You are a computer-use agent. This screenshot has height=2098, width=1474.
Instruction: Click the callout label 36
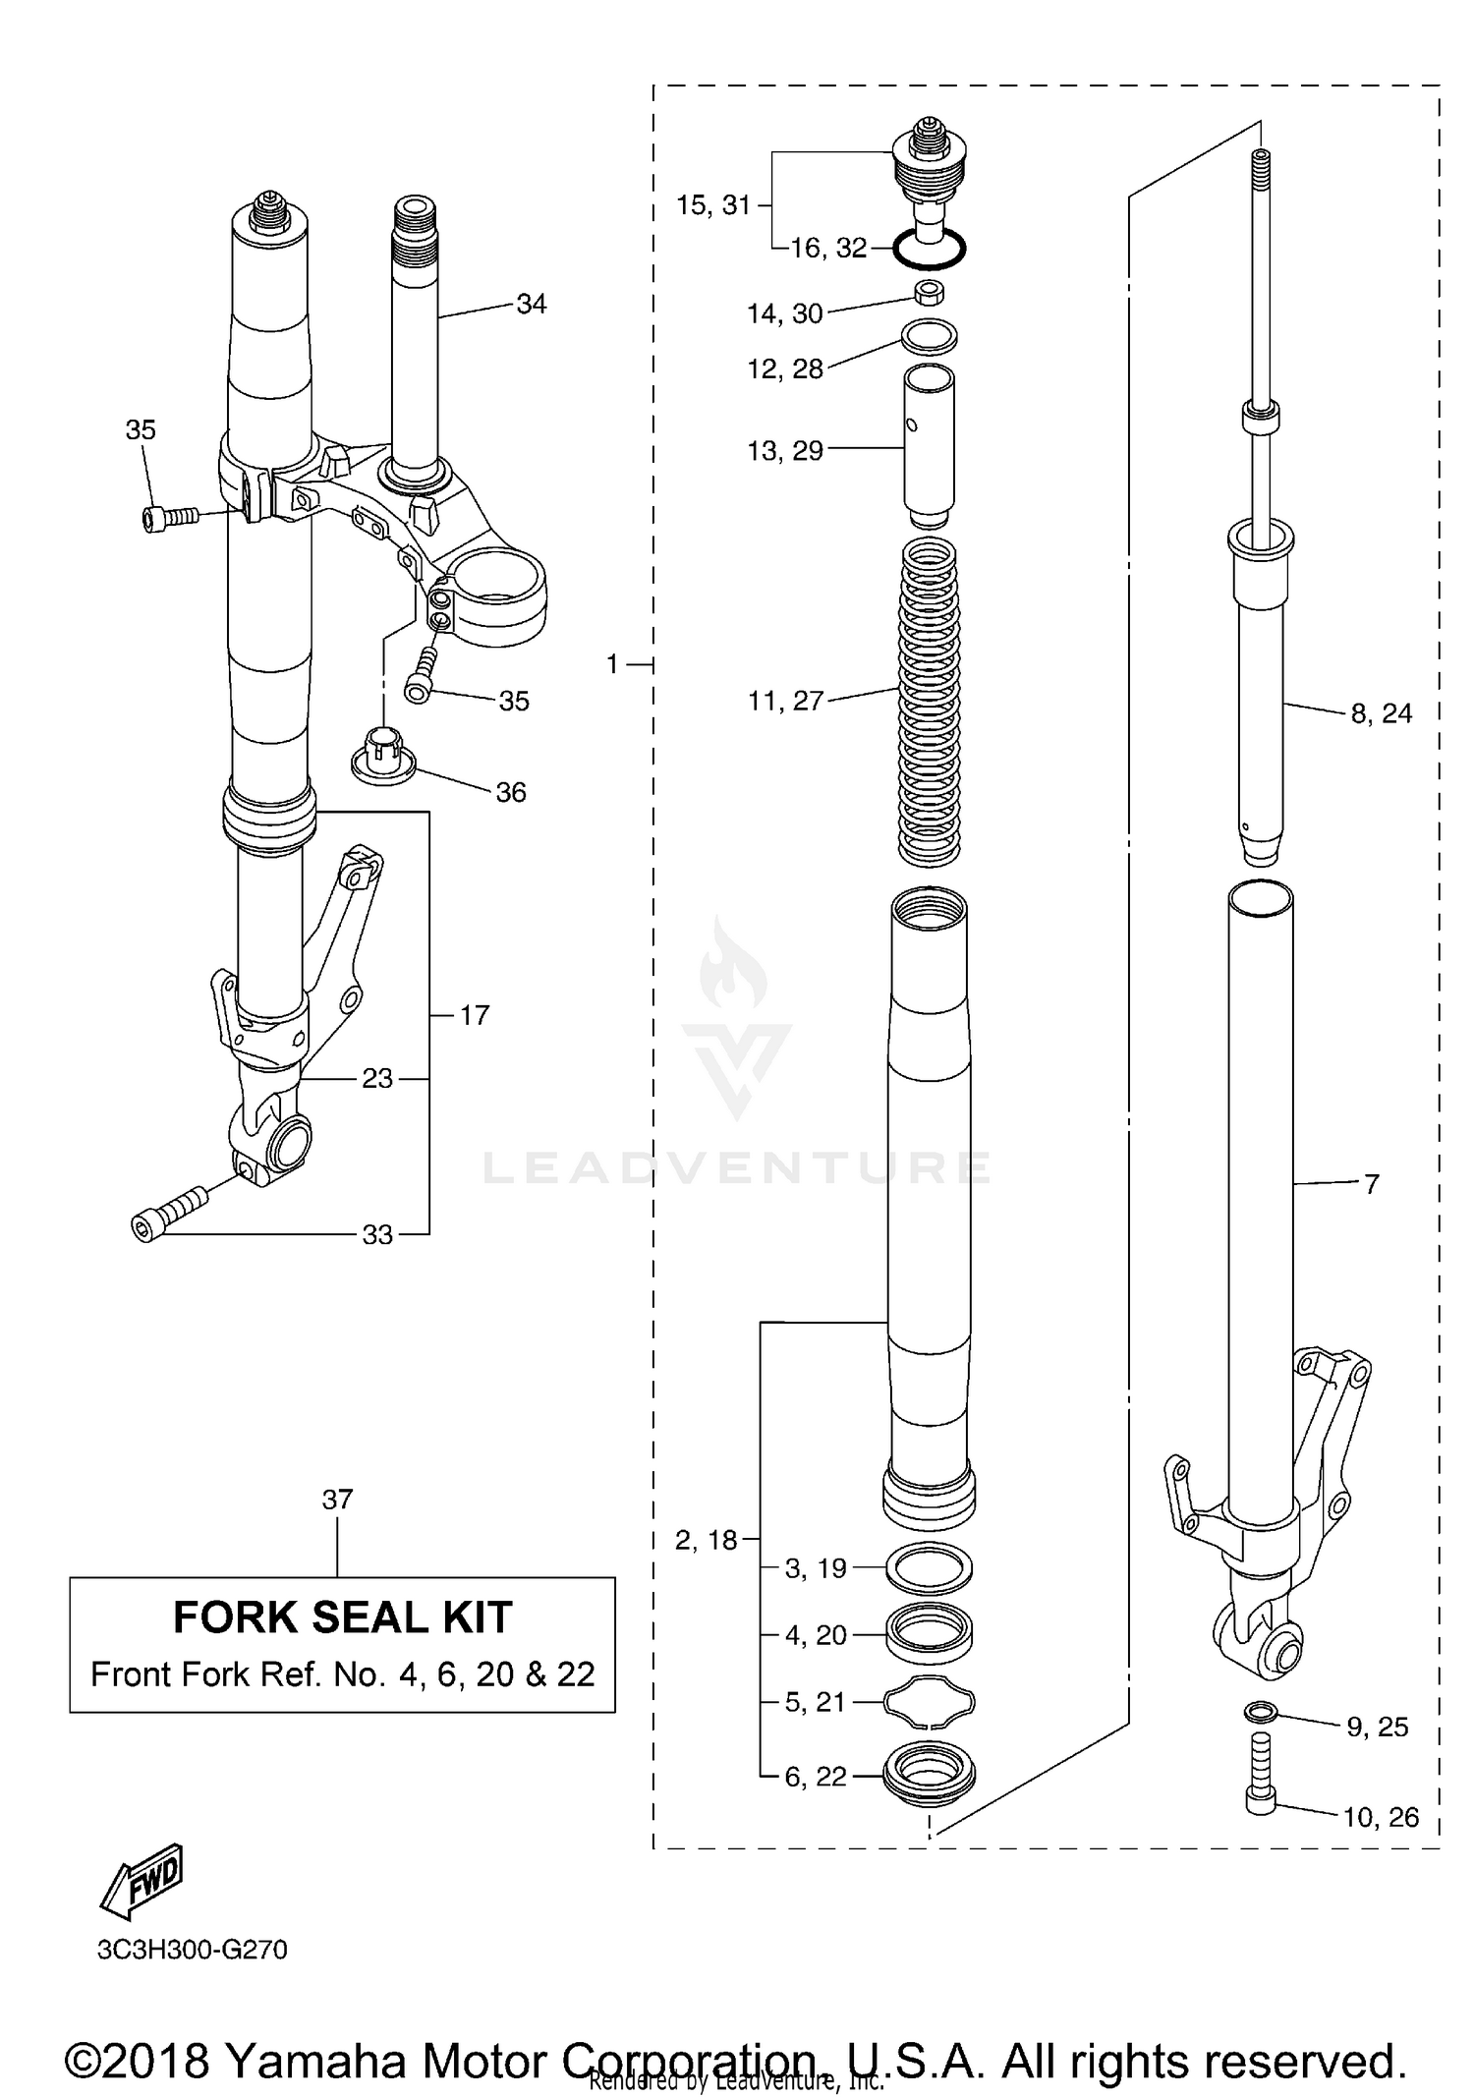click(x=510, y=792)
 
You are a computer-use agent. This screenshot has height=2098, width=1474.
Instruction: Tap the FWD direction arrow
click(x=143, y=1881)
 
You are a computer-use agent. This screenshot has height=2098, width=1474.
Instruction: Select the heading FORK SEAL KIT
click(x=342, y=1616)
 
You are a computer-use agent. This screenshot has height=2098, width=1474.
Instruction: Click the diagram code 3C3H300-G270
click(x=192, y=1950)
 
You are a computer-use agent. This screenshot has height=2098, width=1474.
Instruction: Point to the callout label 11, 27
click(x=785, y=701)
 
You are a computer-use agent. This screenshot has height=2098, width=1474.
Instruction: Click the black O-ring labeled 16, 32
click(x=930, y=251)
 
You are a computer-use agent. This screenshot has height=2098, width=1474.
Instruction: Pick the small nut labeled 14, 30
click(x=929, y=293)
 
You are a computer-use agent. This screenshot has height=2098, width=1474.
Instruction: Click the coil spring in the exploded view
click(x=929, y=703)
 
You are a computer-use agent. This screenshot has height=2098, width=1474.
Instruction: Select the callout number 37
click(x=337, y=1500)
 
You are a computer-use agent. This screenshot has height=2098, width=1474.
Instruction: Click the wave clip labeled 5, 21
click(x=930, y=1702)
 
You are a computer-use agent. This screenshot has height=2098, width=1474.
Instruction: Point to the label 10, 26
click(x=1381, y=1817)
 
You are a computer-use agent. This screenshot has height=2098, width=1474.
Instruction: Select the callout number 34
click(x=531, y=304)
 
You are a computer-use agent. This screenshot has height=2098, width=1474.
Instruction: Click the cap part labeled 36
click(x=383, y=755)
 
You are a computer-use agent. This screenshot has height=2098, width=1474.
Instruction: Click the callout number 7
click(x=1372, y=1184)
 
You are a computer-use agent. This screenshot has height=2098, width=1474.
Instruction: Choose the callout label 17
click(x=475, y=1015)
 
